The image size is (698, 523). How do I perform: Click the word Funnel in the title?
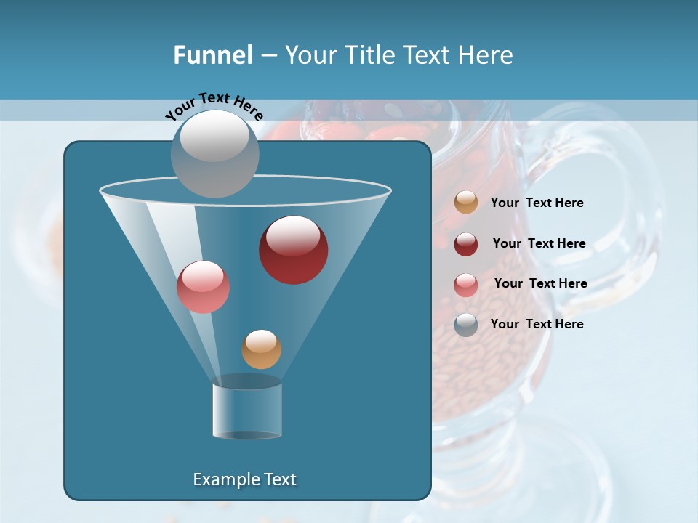point(213,55)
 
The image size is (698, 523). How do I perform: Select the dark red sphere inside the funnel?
point(293,250)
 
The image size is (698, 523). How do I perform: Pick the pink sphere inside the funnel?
point(203,287)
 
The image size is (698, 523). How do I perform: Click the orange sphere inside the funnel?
point(261,349)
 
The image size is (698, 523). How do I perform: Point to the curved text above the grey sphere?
point(214,105)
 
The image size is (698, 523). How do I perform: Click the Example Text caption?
point(244,479)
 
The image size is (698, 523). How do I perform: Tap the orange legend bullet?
point(466,203)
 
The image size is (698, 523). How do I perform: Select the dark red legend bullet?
point(466,244)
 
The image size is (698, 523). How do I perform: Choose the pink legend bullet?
point(466,285)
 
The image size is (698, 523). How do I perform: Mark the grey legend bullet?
point(466,325)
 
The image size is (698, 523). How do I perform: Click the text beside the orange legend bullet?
point(537,203)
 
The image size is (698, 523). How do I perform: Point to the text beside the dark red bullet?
point(539,243)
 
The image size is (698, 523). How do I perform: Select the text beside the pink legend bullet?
point(540,283)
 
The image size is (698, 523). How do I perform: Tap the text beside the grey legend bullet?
point(537,324)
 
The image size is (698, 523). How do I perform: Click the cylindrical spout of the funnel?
point(247,411)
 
